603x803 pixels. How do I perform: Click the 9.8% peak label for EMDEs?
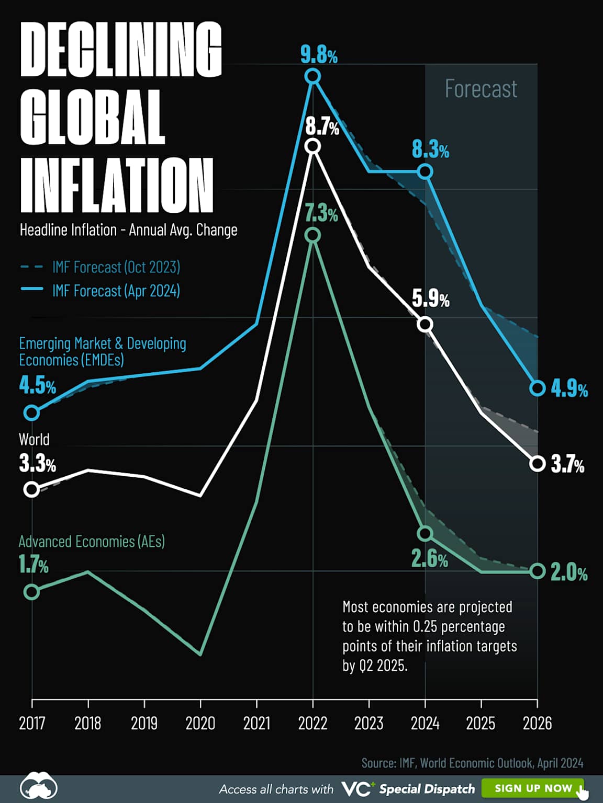coord(319,55)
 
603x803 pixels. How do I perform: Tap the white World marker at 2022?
coord(312,146)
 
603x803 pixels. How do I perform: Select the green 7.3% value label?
coord(321,214)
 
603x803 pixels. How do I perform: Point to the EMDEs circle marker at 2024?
coord(425,171)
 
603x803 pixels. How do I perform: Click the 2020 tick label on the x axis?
coord(200,723)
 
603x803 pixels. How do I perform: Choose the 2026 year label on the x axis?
coord(537,723)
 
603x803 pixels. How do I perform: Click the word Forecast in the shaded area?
coord(481,89)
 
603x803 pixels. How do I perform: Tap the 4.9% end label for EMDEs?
coord(569,389)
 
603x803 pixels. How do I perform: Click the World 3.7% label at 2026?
coord(567,464)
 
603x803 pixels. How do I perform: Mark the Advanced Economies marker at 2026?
coord(537,571)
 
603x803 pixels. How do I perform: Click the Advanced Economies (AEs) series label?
coord(92,541)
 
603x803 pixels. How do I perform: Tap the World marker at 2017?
coord(32,489)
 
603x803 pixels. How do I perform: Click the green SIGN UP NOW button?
coord(532,788)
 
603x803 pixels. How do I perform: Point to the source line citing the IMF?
coord(472,763)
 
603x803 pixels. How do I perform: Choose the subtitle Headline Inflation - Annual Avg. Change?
coord(128,230)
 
